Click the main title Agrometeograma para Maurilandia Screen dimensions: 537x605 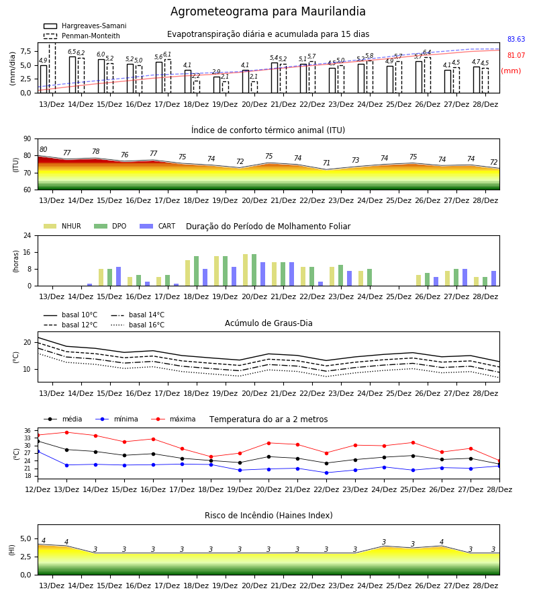click(268, 11)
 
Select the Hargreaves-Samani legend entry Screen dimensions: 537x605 click(85, 26)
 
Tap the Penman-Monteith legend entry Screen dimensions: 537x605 click(82, 36)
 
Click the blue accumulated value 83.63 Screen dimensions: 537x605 click(516, 39)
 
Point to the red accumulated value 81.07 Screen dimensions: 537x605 click(516, 55)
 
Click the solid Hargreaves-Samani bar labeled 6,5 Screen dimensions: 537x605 click(72, 75)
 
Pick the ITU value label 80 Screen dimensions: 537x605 click(43, 149)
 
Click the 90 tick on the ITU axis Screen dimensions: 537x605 click(28, 139)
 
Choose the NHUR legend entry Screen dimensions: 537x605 click(62, 226)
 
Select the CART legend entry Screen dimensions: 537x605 click(158, 226)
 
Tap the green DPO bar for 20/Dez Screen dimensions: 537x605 click(254, 270)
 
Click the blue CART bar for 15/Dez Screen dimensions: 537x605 click(119, 276)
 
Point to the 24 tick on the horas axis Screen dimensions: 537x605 click(28, 235)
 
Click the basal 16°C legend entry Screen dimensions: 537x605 click(138, 325)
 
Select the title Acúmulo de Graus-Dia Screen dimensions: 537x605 click(268, 323)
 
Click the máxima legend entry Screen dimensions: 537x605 click(174, 419)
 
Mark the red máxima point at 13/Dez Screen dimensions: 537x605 click(66, 432)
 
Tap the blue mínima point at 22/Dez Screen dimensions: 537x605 click(327, 473)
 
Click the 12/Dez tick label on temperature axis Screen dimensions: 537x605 click(38, 489)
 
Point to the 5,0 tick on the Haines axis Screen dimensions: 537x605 click(26, 539)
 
